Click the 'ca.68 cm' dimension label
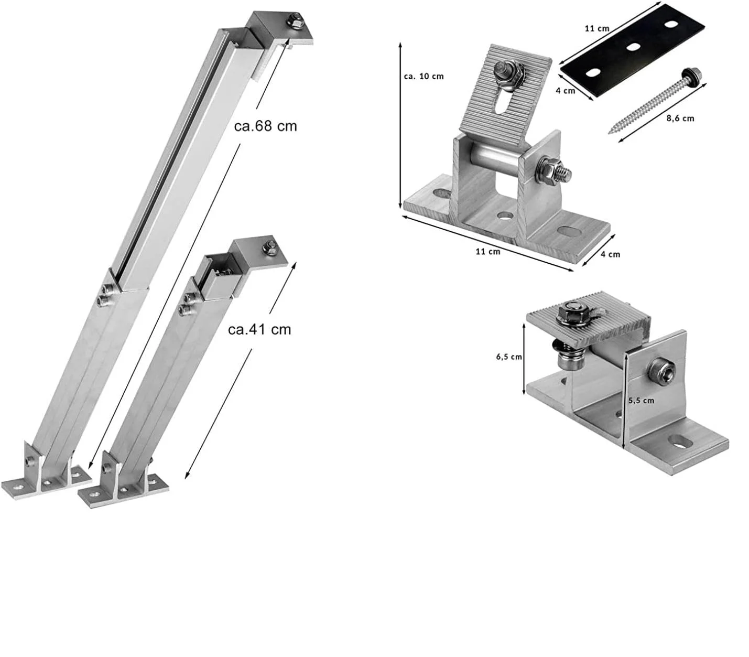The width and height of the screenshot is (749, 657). point(265,126)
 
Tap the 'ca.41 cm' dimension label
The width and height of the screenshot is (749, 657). point(259,329)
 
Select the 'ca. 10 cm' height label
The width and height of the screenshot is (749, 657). point(424,77)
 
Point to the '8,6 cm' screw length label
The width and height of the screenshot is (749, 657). point(680,119)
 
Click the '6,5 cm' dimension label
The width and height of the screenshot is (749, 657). point(509,357)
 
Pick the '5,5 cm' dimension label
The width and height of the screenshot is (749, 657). point(641,400)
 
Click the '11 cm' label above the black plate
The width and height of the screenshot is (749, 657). point(597,28)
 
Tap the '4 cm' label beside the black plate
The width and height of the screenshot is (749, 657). point(566,91)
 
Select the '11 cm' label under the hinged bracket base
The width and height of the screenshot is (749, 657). point(488,252)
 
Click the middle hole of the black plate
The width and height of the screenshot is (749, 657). point(634,47)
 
